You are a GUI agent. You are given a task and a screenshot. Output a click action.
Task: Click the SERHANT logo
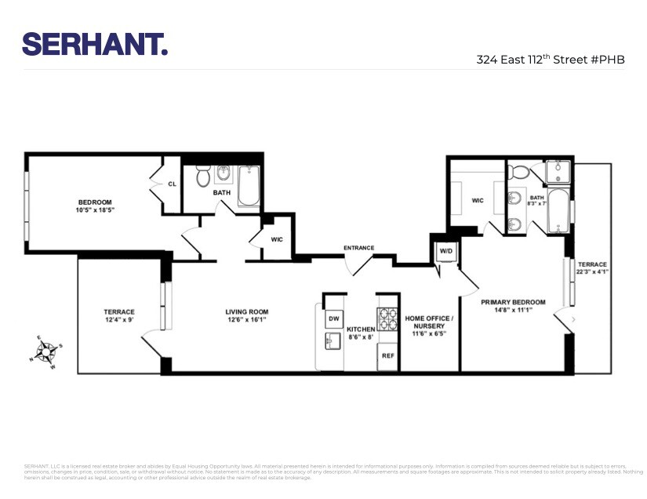(95, 44)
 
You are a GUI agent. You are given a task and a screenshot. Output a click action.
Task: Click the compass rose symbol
(47, 350)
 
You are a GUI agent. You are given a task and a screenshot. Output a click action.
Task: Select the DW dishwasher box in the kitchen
(333, 318)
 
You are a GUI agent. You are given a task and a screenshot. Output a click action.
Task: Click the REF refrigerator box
(387, 355)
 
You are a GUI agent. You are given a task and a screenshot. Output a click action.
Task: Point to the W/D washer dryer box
(445, 251)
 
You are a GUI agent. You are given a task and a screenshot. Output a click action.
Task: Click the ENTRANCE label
(358, 248)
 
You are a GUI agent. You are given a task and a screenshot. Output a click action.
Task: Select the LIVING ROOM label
(247, 311)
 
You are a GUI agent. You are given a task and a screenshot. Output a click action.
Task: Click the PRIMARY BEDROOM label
(513, 301)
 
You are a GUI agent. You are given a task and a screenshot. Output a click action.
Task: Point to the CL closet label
(172, 184)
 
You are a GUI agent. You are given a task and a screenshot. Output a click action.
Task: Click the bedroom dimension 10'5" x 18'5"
(100, 210)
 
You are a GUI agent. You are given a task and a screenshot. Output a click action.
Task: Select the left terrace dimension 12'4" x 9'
(119, 319)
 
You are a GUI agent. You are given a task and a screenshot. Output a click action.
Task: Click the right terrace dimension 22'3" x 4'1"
(592, 272)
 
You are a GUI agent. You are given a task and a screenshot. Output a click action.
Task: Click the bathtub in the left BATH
(249, 186)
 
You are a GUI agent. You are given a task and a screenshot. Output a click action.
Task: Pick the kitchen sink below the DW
(333, 341)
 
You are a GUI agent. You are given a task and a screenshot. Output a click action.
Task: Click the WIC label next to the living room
(277, 239)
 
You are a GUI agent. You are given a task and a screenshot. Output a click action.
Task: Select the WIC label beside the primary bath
(478, 200)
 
